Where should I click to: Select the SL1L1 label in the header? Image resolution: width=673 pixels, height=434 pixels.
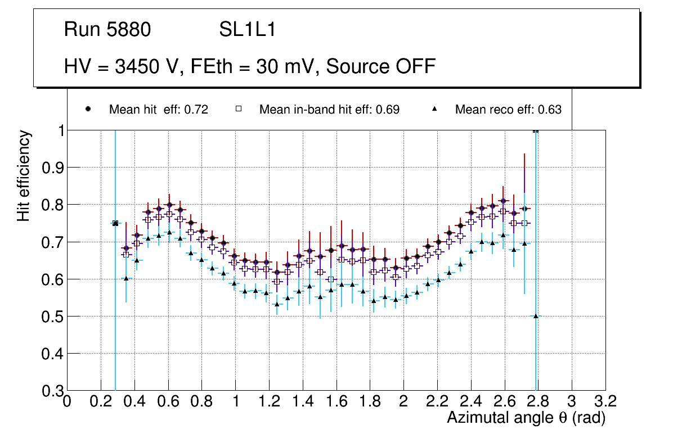coord(247,30)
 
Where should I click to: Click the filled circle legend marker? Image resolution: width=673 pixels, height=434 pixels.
coord(88,109)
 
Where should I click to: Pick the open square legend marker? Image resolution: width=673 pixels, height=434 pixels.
coord(238,109)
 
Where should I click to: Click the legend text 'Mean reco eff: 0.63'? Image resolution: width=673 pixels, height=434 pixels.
coord(508,110)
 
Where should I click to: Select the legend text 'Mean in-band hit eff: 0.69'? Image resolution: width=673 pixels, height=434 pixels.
coord(329,110)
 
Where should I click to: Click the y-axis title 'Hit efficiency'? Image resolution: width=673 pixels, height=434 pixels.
coord(24,175)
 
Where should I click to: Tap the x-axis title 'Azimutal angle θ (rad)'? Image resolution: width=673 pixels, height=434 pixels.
coord(526,418)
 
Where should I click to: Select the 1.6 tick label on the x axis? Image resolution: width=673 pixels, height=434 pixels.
coord(336,401)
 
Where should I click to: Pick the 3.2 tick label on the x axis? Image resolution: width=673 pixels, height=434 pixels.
coord(605,401)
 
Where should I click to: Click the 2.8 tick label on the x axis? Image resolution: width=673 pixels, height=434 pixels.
coord(538,401)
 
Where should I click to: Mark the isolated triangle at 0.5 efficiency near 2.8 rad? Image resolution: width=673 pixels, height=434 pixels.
coord(536,316)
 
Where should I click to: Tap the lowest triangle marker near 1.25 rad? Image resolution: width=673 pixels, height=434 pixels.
coord(276,304)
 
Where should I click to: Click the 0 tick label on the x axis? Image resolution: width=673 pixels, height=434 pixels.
coord(67,401)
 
